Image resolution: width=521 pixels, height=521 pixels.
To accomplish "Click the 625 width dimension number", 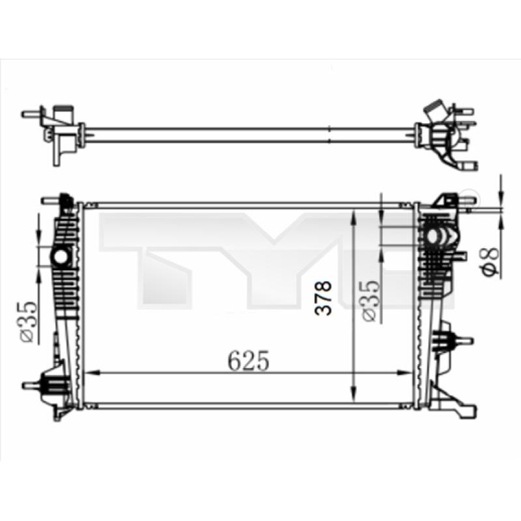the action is tap(248, 360).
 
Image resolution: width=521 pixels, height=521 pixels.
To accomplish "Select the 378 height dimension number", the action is tap(323, 298).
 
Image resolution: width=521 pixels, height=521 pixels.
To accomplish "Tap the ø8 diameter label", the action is tap(491, 261).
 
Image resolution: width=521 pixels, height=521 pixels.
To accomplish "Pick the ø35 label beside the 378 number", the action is tap(371, 301).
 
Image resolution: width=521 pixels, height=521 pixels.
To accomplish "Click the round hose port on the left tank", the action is tap(61, 257).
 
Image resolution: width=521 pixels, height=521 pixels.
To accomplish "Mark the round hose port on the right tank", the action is tap(432, 236).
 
